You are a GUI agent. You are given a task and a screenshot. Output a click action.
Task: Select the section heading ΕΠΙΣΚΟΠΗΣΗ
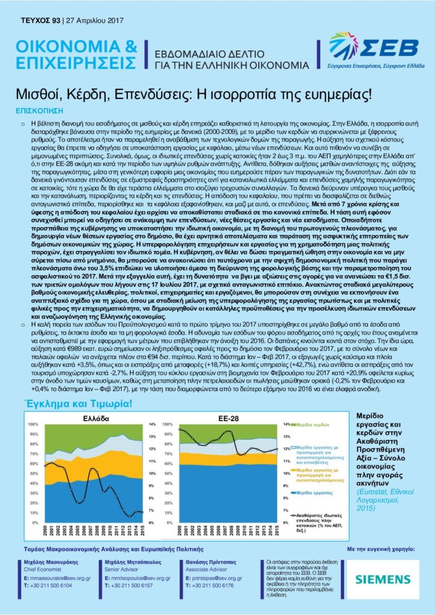click(x=39, y=111)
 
